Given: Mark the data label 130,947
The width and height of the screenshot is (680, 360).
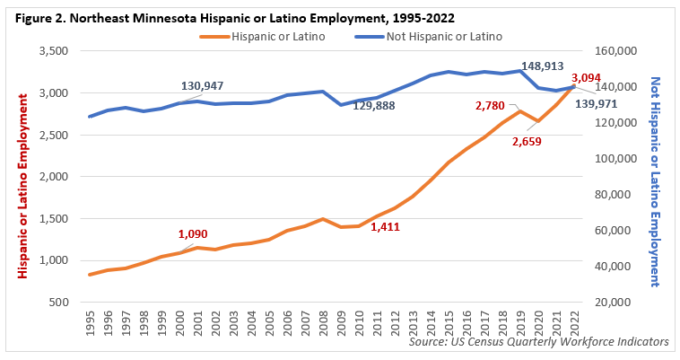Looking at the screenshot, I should coord(202,86).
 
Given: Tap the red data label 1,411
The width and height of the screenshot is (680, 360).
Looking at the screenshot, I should coord(384,227).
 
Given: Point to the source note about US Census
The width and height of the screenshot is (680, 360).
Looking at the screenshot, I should coord(538,342).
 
